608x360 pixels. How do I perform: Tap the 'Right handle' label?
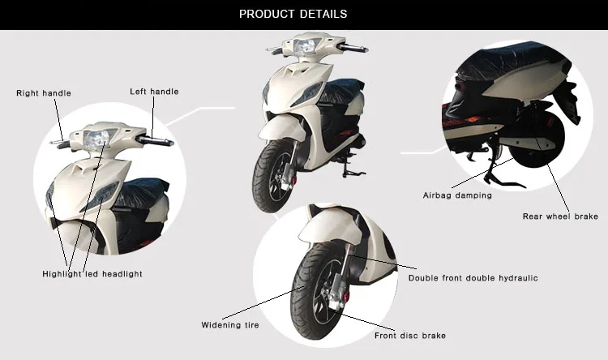pyautogui.click(x=44, y=93)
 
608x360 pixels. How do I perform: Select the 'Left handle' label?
pyautogui.click(x=154, y=92)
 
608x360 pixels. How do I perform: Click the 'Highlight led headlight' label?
pyautogui.click(x=92, y=274)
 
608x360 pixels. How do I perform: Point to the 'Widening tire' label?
pyautogui.click(x=230, y=325)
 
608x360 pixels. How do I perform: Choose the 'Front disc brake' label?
pyautogui.click(x=409, y=336)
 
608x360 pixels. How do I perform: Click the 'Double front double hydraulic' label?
pyautogui.click(x=473, y=278)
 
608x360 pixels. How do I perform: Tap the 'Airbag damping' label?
pyautogui.click(x=457, y=195)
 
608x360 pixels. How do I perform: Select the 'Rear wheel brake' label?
pyautogui.click(x=560, y=216)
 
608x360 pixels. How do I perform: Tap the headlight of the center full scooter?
pyautogui.click(x=304, y=48)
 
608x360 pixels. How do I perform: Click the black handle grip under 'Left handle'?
pyautogui.click(x=157, y=141)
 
